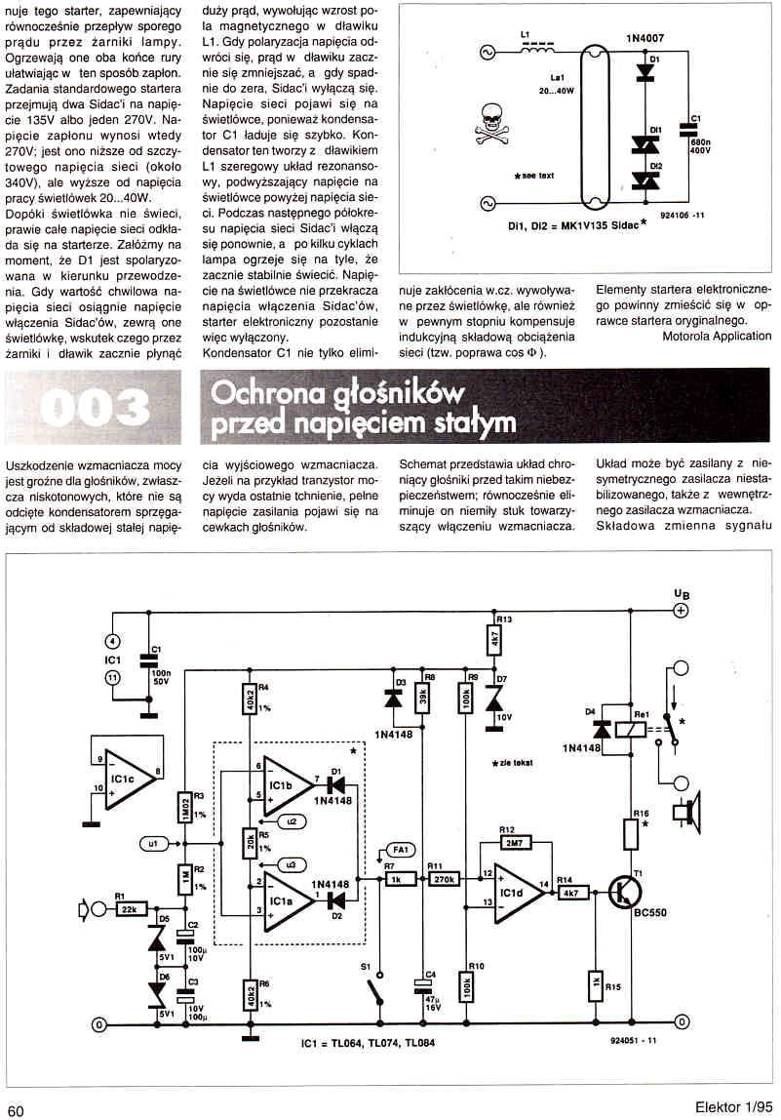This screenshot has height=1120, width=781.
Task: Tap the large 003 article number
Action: pyautogui.click(x=96, y=407)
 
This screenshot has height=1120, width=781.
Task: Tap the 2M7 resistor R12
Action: pyautogui.click(x=513, y=841)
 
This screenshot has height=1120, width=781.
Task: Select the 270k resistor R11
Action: pyautogui.click(x=445, y=879)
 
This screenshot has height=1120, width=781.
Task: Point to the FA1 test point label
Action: pyautogui.click(x=401, y=848)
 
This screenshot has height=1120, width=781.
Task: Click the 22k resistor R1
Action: pyautogui.click(x=126, y=909)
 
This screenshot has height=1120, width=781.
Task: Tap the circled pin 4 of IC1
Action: pyautogui.click(x=112, y=641)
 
